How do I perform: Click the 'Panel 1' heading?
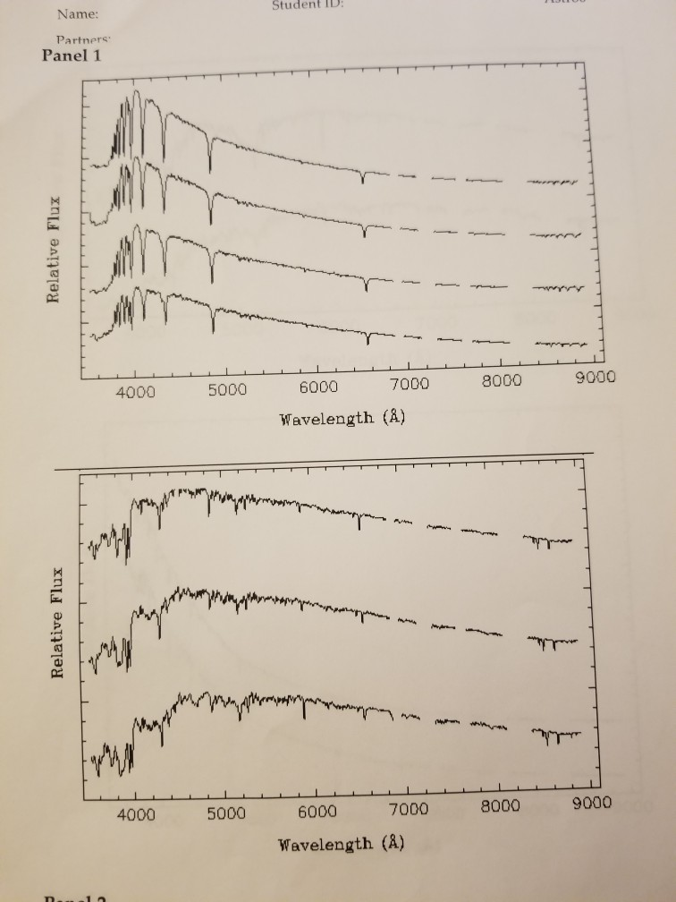pos(73,55)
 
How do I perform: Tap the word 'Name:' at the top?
pos(78,15)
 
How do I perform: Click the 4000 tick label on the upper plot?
pos(135,392)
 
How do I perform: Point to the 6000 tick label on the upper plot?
pos(318,387)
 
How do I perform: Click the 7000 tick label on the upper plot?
pos(410,384)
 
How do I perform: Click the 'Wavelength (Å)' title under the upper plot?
pos(342,418)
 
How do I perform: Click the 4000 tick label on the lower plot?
pos(135,815)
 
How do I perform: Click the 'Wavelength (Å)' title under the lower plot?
pos(342,843)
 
